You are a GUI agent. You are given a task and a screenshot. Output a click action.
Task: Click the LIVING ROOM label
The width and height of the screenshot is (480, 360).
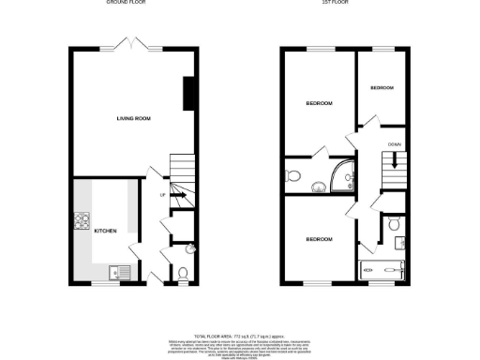pos(134,119)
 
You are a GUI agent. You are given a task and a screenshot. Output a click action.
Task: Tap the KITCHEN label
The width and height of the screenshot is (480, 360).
pos(104,231)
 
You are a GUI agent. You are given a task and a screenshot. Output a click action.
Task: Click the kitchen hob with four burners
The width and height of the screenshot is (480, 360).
pos(81,223)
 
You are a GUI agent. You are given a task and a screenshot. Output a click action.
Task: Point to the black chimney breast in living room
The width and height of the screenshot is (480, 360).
pos(189,93)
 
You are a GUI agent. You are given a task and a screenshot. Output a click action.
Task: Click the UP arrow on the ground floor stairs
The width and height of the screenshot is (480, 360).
pos(175,195)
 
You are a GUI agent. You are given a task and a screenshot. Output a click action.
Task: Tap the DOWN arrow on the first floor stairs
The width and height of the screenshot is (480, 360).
pos(396,160)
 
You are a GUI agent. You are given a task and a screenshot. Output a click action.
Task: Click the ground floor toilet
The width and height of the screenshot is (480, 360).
pos(183,273)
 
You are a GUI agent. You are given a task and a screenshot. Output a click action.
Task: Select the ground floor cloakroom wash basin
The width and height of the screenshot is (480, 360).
pos(190,249)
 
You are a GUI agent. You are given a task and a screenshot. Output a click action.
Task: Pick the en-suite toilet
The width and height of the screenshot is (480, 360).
pos(293,175)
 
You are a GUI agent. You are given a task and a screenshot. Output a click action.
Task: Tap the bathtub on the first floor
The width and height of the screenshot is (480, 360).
pos(382,270)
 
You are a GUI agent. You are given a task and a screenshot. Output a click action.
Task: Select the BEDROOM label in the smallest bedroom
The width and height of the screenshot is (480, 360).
pos(382,88)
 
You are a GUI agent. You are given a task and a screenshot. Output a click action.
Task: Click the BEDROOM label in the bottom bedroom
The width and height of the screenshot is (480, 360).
pos(319,240)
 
